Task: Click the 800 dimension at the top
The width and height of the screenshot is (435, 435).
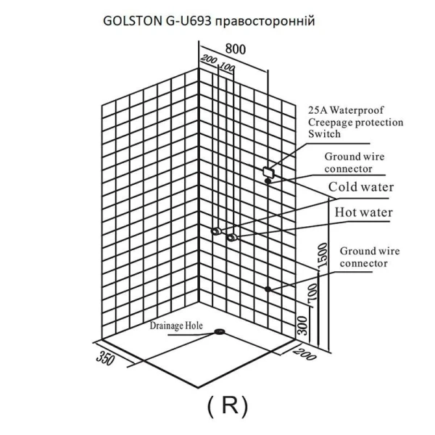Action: [235, 49]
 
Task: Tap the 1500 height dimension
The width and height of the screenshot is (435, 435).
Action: [323, 255]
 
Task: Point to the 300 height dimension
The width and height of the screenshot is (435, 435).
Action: [302, 326]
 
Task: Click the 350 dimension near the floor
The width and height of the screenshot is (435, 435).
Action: [105, 358]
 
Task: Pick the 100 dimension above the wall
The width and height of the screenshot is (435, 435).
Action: [227, 67]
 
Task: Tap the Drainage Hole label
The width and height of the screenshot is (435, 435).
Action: [176, 326]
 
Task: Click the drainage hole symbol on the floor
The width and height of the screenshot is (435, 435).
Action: [220, 331]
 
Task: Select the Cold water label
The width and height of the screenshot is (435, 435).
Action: [361, 187]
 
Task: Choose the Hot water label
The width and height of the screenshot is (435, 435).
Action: [364, 212]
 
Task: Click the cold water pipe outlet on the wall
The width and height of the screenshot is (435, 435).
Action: [216, 231]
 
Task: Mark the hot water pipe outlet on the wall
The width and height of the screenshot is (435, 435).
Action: [231, 238]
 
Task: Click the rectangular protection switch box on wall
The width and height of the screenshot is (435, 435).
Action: [268, 173]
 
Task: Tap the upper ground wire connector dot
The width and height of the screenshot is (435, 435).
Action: [268, 181]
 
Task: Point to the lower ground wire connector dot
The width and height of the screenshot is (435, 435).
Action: [268, 289]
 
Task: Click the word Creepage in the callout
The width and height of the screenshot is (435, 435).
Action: [330, 123]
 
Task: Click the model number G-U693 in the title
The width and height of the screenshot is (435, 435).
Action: [188, 21]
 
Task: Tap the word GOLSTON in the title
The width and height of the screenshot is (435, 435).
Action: [133, 21]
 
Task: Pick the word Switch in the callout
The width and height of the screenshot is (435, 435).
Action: [324, 134]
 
